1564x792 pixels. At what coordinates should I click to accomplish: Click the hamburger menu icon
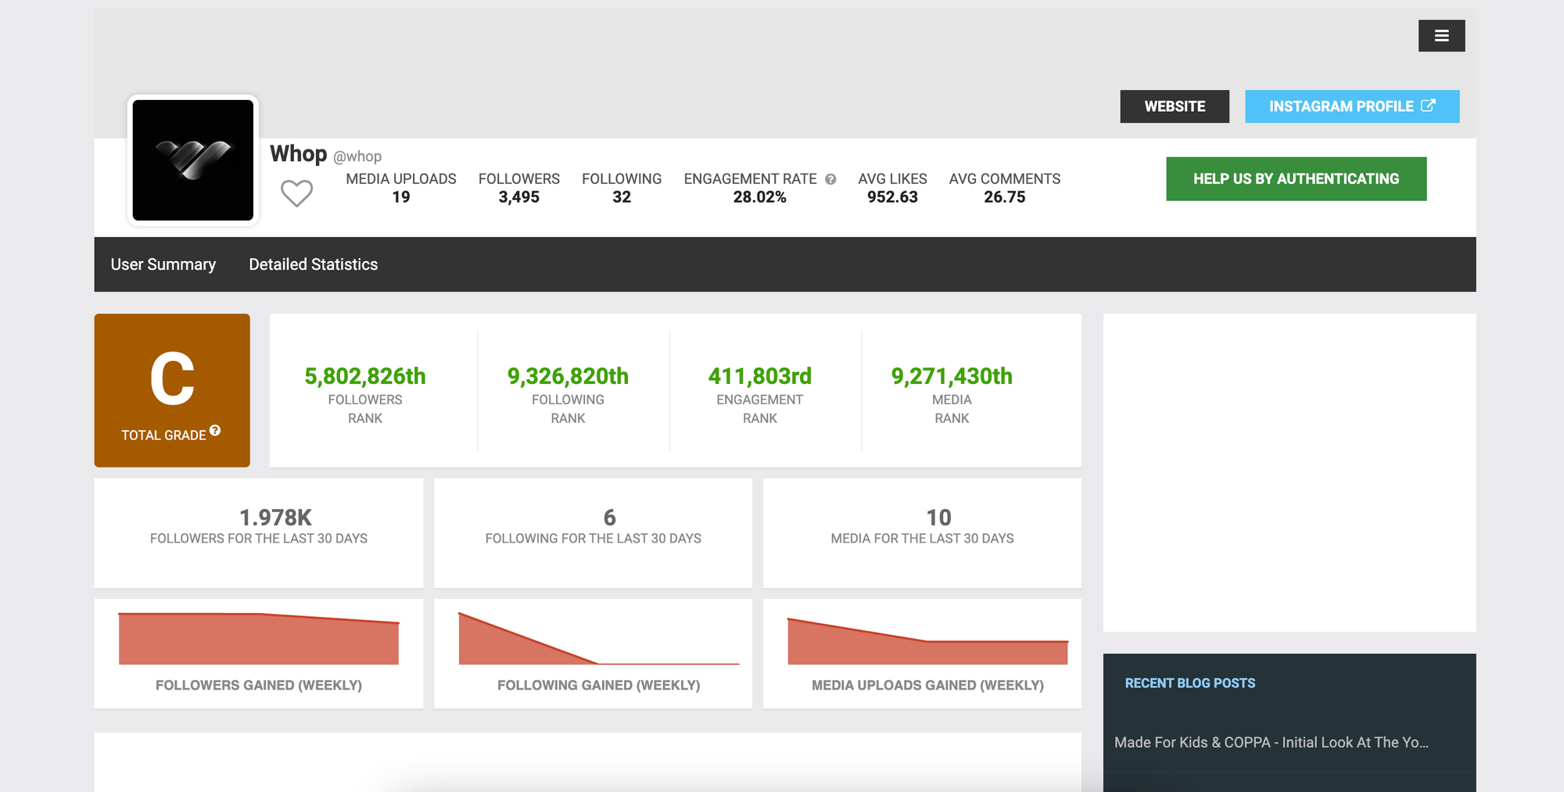click(x=1441, y=36)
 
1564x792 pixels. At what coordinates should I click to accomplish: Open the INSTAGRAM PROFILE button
click(x=1351, y=106)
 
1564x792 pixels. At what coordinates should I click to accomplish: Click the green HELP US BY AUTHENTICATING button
click(x=1296, y=179)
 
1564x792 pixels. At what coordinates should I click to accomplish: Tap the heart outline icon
click(x=296, y=193)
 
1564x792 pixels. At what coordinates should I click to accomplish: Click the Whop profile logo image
click(x=193, y=160)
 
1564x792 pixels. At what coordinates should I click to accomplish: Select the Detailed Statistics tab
click(x=313, y=264)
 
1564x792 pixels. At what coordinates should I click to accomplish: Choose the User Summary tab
click(x=163, y=264)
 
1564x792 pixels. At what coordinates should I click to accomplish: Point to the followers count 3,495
click(x=518, y=197)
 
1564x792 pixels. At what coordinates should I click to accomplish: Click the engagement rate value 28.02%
click(x=759, y=197)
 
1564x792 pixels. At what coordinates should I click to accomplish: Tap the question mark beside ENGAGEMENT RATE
click(x=830, y=179)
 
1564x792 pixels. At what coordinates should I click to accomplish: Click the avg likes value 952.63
click(x=892, y=197)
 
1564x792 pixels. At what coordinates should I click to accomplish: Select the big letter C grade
click(x=172, y=379)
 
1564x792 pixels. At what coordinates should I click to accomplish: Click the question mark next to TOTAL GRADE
click(x=215, y=431)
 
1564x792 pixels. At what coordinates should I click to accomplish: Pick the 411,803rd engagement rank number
click(x=759, y=376)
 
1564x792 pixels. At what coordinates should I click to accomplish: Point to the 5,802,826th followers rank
click(x=364, y=376)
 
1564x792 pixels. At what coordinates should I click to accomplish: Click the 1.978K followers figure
click(x=275, y=518)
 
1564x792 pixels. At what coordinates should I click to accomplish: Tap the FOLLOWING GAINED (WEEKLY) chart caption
click(x=598, y=685)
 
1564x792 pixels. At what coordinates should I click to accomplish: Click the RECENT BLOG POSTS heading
click(x=1189, y=683)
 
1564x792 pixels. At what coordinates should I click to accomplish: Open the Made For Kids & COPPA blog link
click(x=1271, y=742)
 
